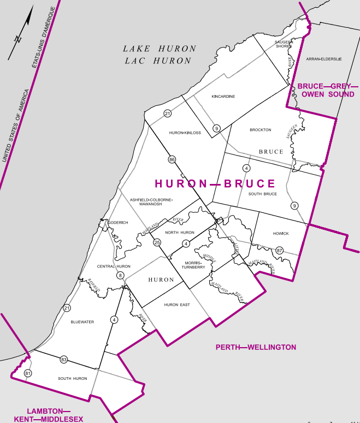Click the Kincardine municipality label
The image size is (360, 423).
(x=223, y=97)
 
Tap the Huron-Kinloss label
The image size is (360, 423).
(x=185, y=133)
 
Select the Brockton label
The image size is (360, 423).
(x=260, y=130)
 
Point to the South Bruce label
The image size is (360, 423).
(x=263, y=194)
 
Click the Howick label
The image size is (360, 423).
(x=281, y=234)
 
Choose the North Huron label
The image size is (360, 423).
(x=180, y=233)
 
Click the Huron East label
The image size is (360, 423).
(x=177, y=305)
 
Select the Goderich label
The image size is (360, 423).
(x=117, y=223)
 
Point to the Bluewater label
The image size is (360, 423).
(x=82, y=322)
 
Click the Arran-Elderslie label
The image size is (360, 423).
(x=323, y=59)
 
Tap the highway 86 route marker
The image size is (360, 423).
(x=172, y=159)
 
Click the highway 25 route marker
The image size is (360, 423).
(x=157, y=242)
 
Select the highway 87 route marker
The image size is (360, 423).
(x=280, y=251)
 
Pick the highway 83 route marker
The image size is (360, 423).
(x=64, y=360)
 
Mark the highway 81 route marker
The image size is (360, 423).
(x=28, y=373)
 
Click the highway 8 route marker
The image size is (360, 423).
(x=120, y=276)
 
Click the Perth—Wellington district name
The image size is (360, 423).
(x=256, y=347)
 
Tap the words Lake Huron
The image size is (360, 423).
(x=159, y=49)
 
